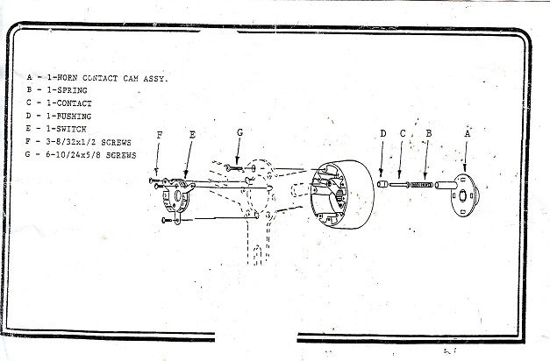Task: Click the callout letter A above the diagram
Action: tap(467, 134)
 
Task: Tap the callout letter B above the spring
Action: tap(427, 134)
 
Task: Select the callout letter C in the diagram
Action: tap(403, 134)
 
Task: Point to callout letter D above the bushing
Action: tap(382, 134)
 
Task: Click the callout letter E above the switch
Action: tap(191, 136)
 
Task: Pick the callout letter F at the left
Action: tap(159, 135)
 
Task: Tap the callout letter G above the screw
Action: tap(239, 132)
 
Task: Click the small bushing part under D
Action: tap(382, 184)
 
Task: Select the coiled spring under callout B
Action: tap(425, 184)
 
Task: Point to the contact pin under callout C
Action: tap(402, 184)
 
